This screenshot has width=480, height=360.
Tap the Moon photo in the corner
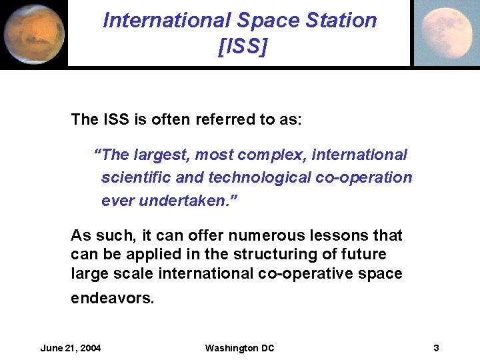coord(446,33)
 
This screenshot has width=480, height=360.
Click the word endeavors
coord(112,298)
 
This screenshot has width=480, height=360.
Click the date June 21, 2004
coord(71,348)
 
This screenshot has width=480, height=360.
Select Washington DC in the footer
coord(239,348)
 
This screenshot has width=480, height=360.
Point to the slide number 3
coord(435,348)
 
